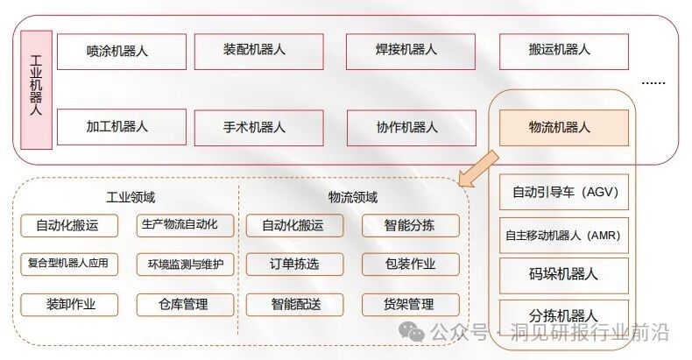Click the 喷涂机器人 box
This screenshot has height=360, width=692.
point(121,51)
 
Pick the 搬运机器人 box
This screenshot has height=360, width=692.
point(563,51)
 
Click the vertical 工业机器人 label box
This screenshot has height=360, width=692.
point(36,87)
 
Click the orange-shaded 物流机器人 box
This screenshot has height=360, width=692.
point(563,127)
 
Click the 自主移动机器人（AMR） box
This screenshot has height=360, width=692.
point(563,235)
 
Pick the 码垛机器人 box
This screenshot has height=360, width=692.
point(563,274)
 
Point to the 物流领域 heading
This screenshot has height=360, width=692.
point(353,198)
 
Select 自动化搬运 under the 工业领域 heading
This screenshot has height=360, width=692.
point(69,226)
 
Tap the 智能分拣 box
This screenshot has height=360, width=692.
point(410,226)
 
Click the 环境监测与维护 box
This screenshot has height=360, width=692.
point(186,264)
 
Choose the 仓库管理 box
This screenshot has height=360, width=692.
point(186,305)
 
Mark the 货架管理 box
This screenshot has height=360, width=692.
point(410,305)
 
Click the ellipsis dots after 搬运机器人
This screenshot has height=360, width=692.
point(653,82)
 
